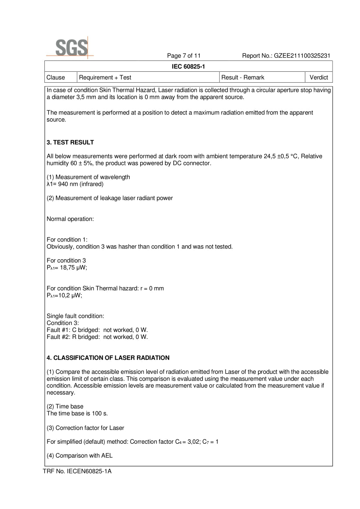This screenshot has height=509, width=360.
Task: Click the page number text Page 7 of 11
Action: tap(184, 56)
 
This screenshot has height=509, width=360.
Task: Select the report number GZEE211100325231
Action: tap(302, 56)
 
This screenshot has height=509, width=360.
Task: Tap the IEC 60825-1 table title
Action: tap(188, 66)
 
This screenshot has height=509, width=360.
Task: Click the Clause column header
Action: tap(56, 77)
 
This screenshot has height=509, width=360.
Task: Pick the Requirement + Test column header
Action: tap(105, 77)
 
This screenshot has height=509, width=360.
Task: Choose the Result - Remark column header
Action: tap(243, 77)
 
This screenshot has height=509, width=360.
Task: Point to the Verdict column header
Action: tap(319, 77)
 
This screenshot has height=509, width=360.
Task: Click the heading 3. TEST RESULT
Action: tap(70, 142)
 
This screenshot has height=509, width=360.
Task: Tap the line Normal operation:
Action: tap(70, 219)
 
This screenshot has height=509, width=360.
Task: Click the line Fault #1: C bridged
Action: tap(97, 330)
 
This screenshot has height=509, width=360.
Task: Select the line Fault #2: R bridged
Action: tap(97, 337)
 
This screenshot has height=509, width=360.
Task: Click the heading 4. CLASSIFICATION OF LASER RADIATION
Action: tap(108, 358)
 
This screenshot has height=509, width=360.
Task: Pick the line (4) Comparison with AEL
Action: tap(80, 455)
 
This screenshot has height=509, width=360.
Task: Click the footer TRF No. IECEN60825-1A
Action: tap(77, 471)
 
